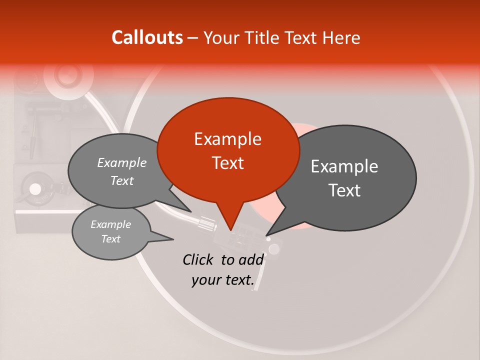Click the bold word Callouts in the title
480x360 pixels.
(147, 37)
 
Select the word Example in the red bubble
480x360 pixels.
(227, 139)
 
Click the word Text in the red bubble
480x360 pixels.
(227, 163)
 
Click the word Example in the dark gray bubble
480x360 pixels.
(344, 166)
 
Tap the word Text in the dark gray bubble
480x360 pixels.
(344, 190)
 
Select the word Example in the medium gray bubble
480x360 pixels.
(121, 163)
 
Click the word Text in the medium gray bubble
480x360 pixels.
(121, 181)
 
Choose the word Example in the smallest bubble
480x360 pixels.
(110, 224)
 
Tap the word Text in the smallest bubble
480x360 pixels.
(110, 239)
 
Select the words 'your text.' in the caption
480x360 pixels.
(223, 280)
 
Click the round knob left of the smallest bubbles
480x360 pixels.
(35, 189)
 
